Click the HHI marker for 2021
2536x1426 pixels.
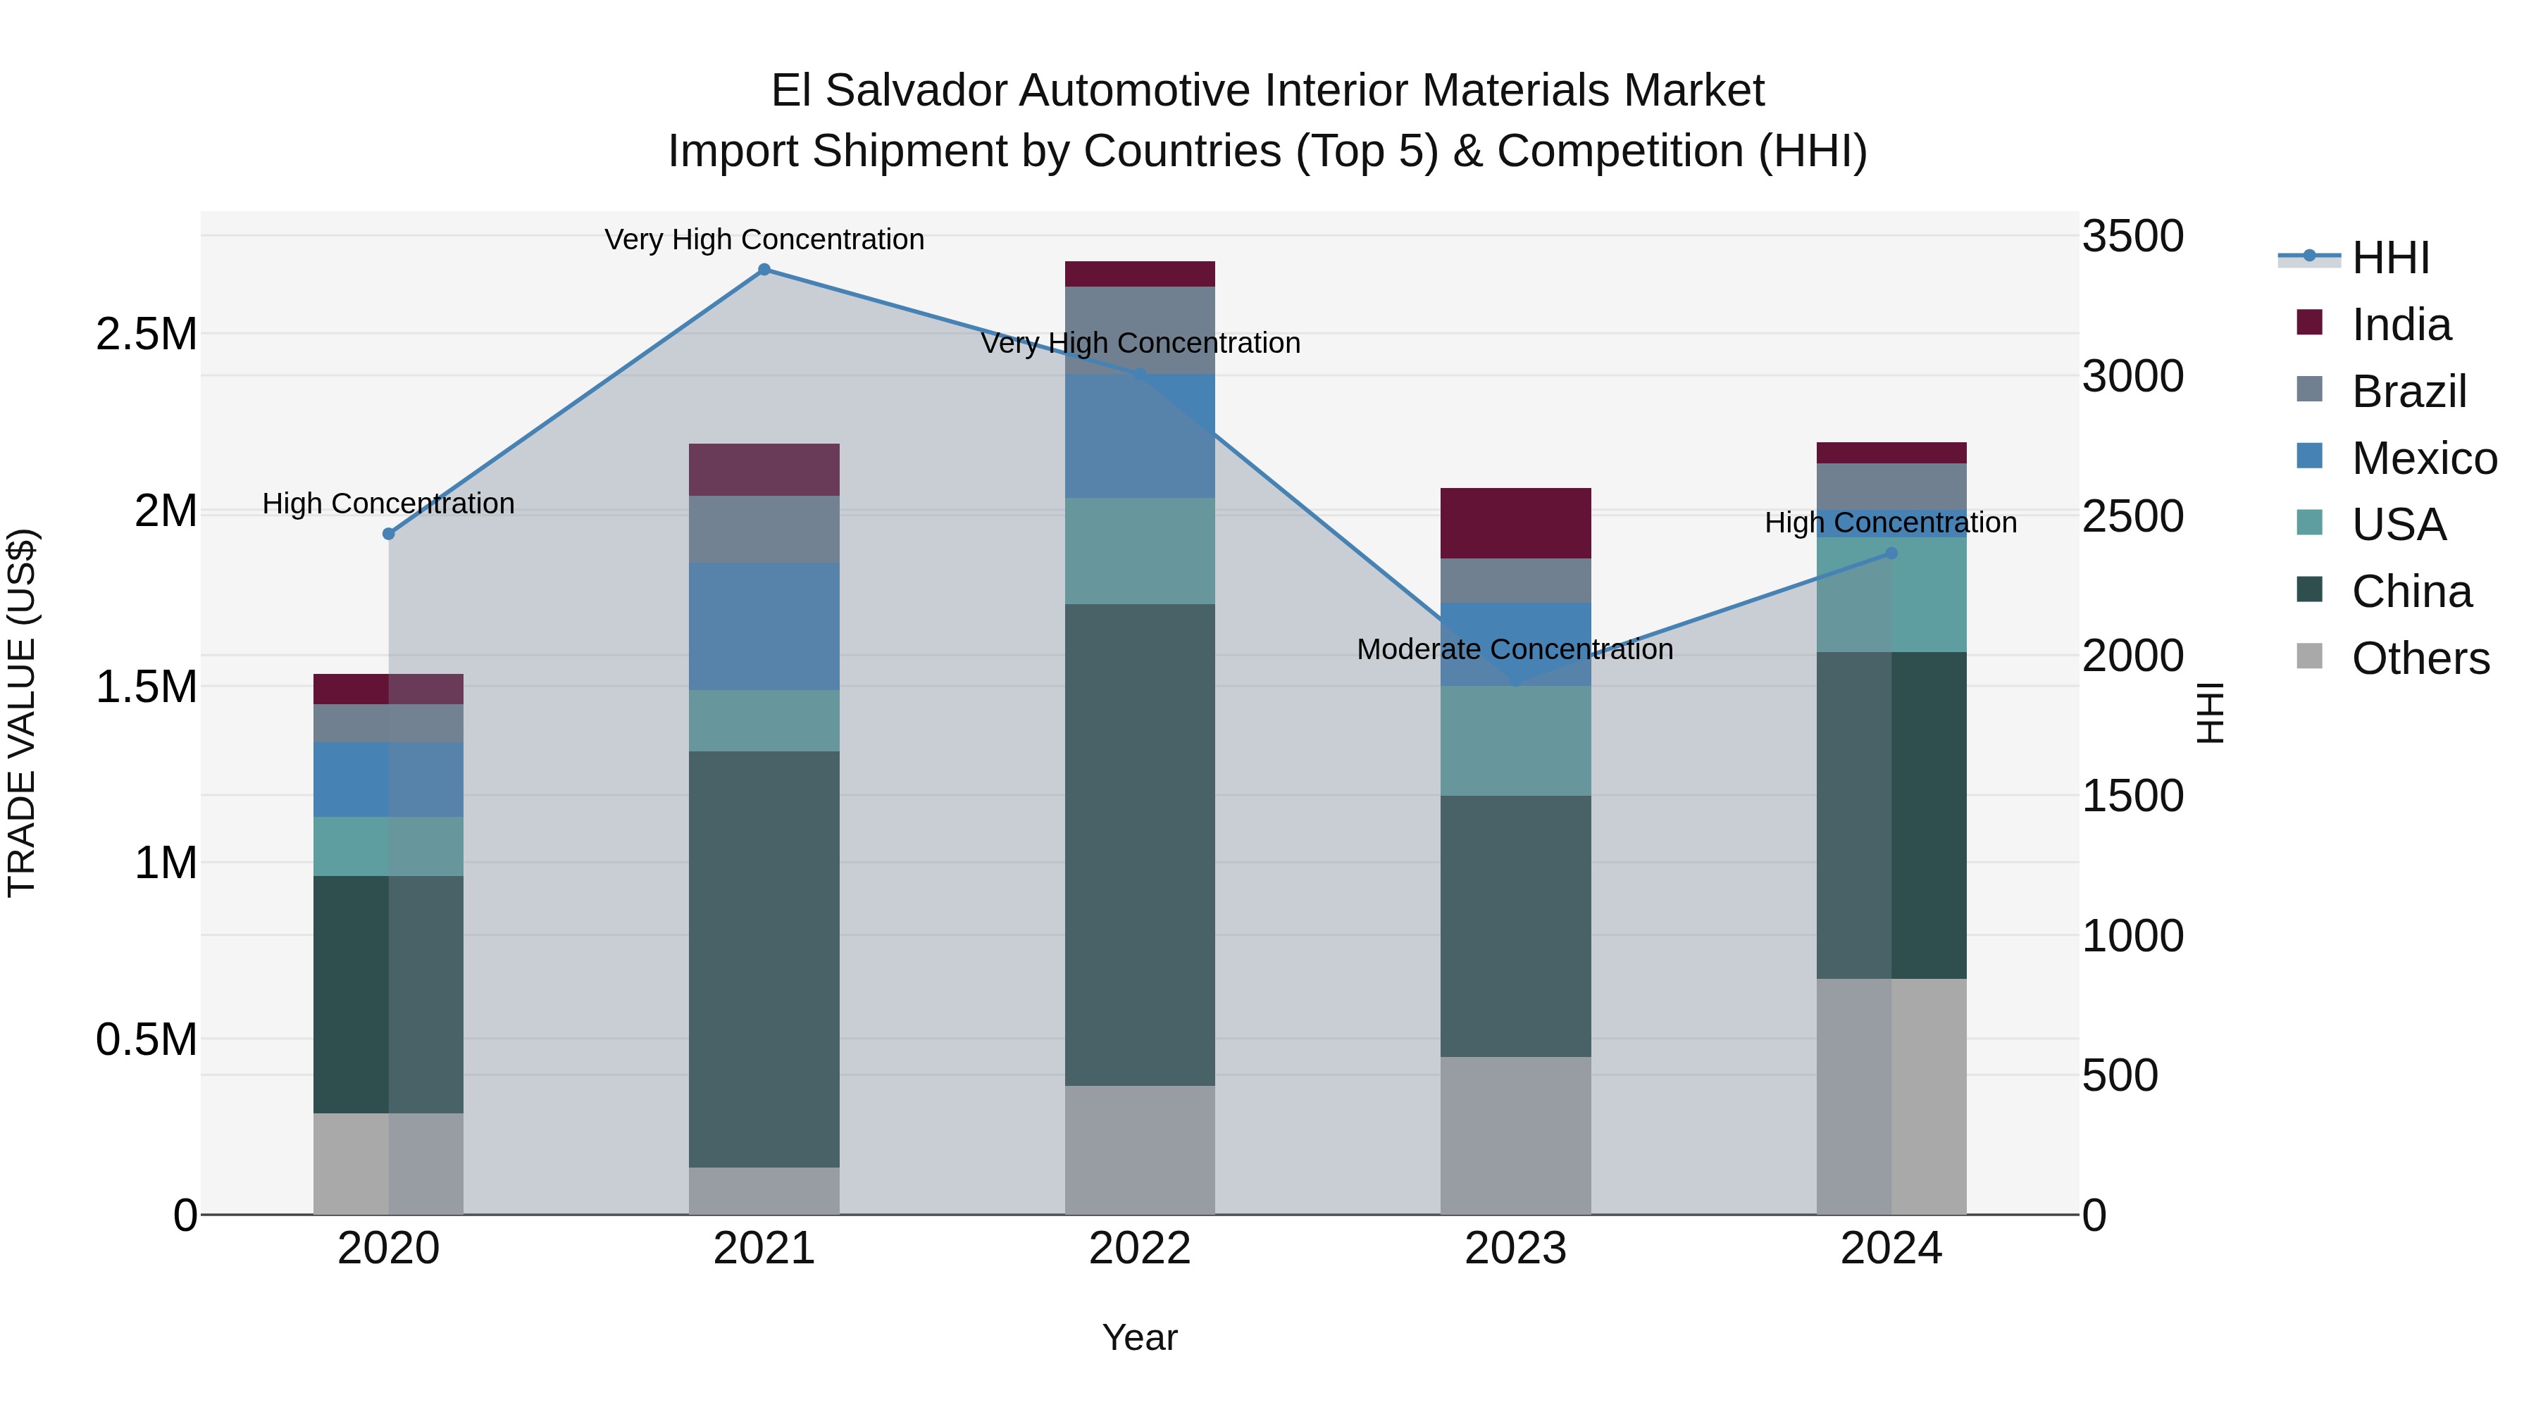(x=764, y=270)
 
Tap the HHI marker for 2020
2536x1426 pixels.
(x=389, y=533)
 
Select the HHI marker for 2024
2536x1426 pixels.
(x=1891, y=553)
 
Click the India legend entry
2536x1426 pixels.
(x=2400, y=325)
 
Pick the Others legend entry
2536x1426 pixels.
(x=2419, y=658)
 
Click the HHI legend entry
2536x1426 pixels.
(x=2389, y=258)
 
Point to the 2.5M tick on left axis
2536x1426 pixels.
(x=147, y=334)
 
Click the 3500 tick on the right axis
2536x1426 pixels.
(x=2132, y=237)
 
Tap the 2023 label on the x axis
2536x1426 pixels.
(x=1515, y=1249)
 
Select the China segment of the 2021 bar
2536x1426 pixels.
(x=764, y=960)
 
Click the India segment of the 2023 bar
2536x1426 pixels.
(x=1515, y=523)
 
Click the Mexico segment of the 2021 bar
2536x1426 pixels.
(x=764, y=626)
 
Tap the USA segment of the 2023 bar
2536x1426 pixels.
(x=1515, y=740)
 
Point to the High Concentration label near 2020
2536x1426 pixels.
(x=388, y=504)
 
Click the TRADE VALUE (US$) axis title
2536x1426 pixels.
(x=22, y=713)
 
